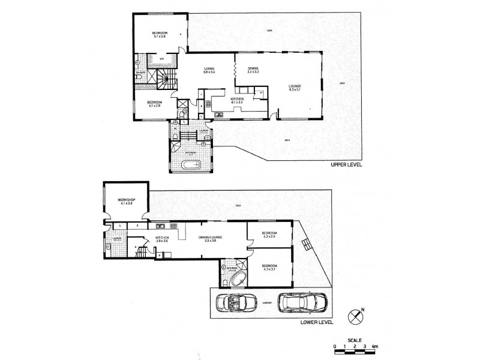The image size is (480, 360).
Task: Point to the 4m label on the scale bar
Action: (374, 347)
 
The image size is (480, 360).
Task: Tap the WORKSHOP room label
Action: (125, 200)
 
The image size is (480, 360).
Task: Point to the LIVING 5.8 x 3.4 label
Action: (209, 71)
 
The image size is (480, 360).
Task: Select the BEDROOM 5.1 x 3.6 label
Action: (159, 34)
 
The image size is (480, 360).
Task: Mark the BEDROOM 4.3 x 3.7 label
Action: (269, 268)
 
